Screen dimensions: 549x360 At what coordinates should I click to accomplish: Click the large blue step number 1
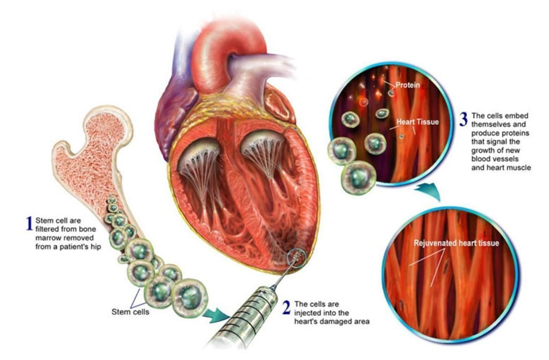click(x=30, y=223)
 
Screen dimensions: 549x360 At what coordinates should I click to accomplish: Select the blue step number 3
click(x=463, y=119)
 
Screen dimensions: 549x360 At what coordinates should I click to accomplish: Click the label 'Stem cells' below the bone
click(x=130, y=312)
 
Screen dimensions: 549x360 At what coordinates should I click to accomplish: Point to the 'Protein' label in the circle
click(x=408, y=85)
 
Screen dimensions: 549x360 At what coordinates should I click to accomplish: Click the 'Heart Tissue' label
click(x=418, y=122)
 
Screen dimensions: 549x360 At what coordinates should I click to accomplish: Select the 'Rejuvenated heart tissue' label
click(x=456, y=243)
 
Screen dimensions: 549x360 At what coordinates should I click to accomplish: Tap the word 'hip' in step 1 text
click(x=96, y=247)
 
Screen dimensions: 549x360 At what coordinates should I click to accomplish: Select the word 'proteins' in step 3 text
click(x=518, y=134)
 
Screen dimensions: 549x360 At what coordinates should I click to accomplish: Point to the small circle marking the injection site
click(x=297, y=258)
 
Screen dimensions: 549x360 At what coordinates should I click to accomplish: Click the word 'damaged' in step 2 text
click(x=334, y=321)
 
